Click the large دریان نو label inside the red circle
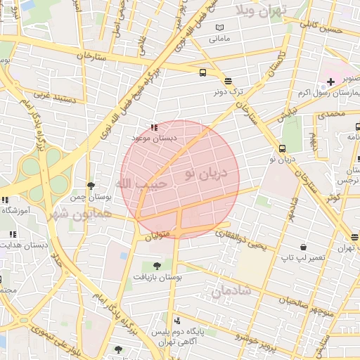pyautogui.click(x=206, y=172)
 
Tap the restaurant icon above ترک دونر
pyautogui.click(x=228, y=81)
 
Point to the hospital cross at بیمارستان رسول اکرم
pyautogui.click(x=330, y=82)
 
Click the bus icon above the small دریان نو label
pyautogui.click(x=282, y=148)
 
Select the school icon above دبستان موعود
pyautogui.click(x=154, y=127)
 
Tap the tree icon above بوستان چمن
pyautogui.click(x=91, y=186)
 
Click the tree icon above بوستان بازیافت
pyautogui.click(x=157, y=266)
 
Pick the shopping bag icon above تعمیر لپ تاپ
pyautogui.click(x=303, y=247)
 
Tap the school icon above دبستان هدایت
pyautogui.click(x=11, y=234)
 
